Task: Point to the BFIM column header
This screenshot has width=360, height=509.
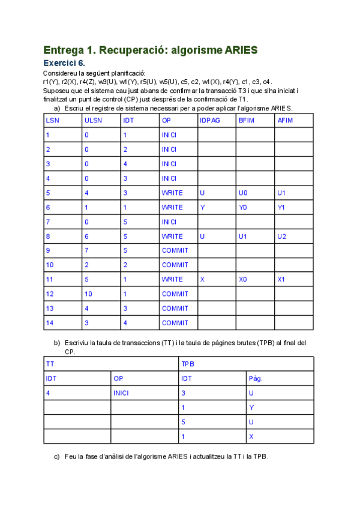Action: [x=247, y=121]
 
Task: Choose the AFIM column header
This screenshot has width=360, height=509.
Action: [x=285, y=121]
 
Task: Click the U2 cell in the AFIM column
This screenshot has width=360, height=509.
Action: [x=282, y=236]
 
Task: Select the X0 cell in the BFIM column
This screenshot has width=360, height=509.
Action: [x=243, y=279]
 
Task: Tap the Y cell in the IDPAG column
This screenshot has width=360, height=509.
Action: [x=202, y=207]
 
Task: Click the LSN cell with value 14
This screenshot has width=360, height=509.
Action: [x=50, y=322]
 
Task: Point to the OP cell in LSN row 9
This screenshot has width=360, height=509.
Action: [x=175, y=250]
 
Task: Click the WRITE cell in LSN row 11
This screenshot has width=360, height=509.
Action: [x=172, y=279]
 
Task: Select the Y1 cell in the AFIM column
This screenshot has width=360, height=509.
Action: [x=281, y=207]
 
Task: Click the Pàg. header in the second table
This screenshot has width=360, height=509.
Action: [x=256, y=378]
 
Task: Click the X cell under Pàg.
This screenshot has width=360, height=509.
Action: [x=251, y=436]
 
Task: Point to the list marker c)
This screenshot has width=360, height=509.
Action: [x=58, y=456]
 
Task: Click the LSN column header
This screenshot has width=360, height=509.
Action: [x=52, y=121]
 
